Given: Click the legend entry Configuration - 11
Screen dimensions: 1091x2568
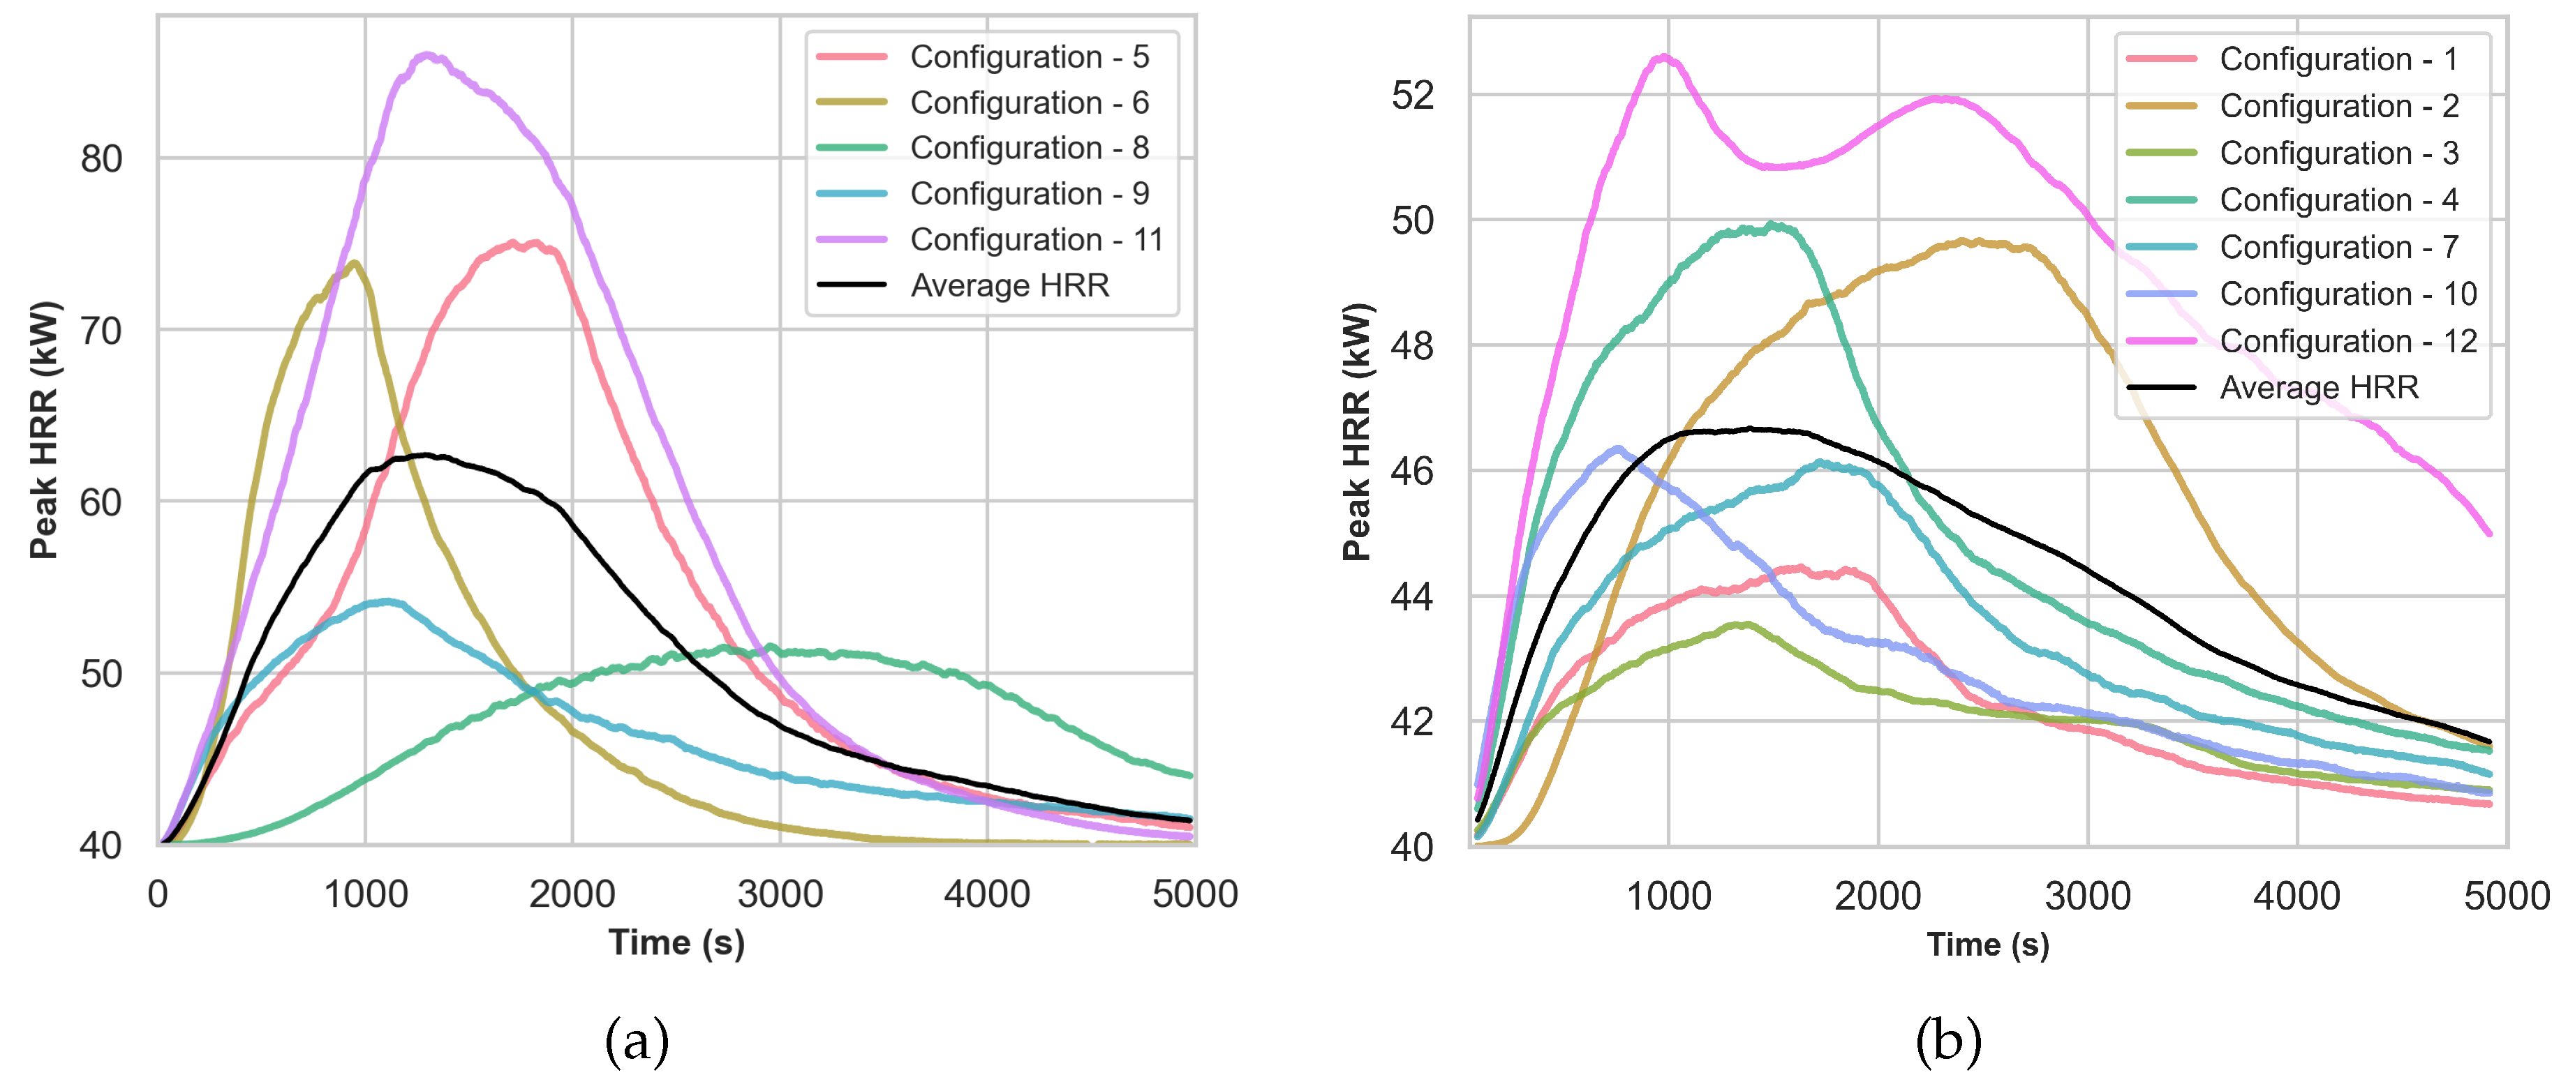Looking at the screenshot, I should pyautogui.click(x=1036, y=240).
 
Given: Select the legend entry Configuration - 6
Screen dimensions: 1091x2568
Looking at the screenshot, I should pyautogui.click(x=1029, y=103).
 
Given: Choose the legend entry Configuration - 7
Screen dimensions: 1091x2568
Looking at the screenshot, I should pyautogui.click(x=2338, y=247).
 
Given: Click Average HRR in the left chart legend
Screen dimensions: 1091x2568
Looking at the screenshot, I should pyautogui.click(x=1009, y=286).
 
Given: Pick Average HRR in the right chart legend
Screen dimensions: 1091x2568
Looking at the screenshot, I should pyautogui.click(x=2319, y=388).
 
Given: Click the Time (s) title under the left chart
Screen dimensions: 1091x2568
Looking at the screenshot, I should pyautogui.click(x=677, y=942).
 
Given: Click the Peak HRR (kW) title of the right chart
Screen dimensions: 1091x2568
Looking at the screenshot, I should pyautogui.click(x=1357, y=431).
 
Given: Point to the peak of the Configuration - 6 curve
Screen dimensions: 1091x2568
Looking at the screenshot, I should pyautogui.click(x=354, y=263).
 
